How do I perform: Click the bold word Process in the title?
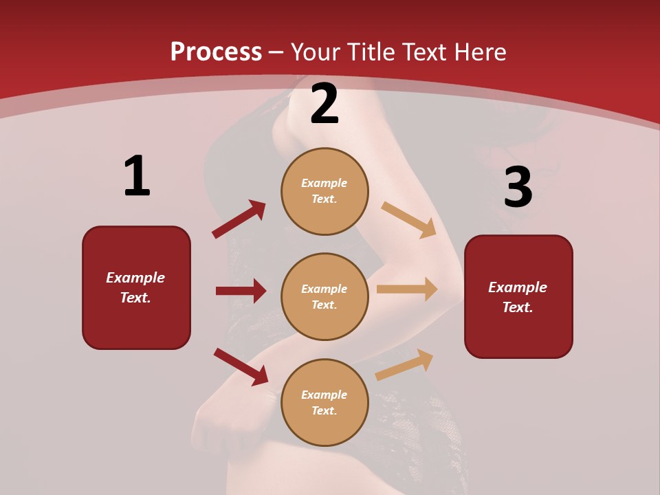tap(216, 52)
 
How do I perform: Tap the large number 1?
tap(137, 176)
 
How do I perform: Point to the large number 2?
tap(324, 104)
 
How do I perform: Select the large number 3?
tap(518, 187)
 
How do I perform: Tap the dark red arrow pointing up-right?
tap(239, 219)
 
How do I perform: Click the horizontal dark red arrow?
tap(241, 291)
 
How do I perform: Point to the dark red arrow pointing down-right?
tap(241, 366)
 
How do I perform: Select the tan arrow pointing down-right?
tap(408, 219)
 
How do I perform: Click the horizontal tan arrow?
tap(407, 289)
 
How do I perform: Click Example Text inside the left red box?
tap(135, 287)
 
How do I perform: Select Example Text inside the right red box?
tap(518, 297)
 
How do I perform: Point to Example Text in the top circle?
tap(324, 191)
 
